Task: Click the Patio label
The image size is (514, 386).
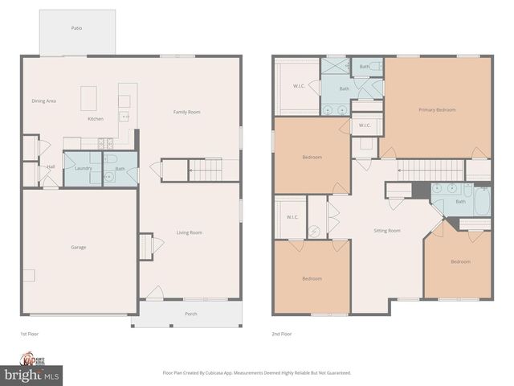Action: pos(76,28)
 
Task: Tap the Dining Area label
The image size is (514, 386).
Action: pos(43,101)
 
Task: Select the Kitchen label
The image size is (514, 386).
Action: pos(96,119)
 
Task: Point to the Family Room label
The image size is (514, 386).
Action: pos(187,112)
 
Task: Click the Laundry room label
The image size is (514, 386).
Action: pos(83,168)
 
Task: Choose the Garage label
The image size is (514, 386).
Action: pos(78,247)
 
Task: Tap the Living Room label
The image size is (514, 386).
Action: pos(190,232)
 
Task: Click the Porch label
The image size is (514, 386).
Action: pos(191,314)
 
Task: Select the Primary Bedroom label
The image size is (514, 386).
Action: pos(436,109)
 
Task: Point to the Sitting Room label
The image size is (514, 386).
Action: pos(387,231)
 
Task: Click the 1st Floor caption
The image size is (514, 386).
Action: pos(29,333)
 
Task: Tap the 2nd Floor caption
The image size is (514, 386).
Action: pos(281,333)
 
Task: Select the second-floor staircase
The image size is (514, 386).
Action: pos(432,170)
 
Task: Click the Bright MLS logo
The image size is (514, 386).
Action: pos(32,375)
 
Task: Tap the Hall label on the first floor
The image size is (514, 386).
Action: pos(51,167)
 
